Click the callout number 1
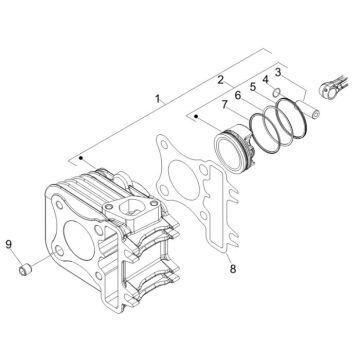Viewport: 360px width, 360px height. coord(157,99)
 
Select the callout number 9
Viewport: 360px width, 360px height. coord(9,241)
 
